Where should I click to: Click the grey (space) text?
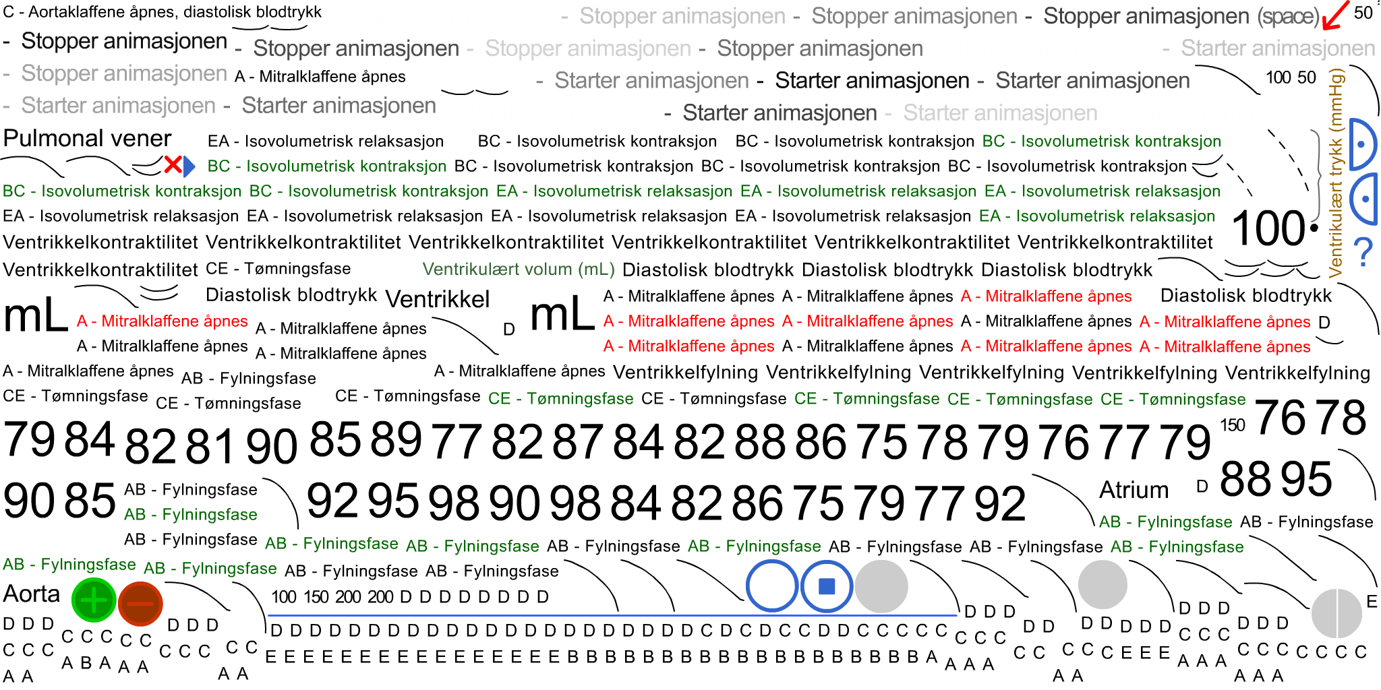click(1287, 17)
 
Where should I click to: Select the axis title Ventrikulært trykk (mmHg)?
click(1336, 172)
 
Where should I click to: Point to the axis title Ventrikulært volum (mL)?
click(518, 270)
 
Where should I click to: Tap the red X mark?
click(173, 165)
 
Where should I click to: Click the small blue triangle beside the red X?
click(189, 166)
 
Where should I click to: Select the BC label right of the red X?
click(326, 166)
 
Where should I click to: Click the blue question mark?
click(1363, 252)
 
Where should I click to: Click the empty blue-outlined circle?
click(772, 586)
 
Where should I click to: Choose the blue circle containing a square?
click(827, 586)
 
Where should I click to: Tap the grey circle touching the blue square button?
click(881, 586)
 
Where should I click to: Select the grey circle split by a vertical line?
click(1336, 613)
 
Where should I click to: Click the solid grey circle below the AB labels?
click(1103, 585)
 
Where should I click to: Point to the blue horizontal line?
click(612, 615)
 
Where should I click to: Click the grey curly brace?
click(1316, 176)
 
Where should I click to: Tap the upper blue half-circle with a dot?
click(1363, 144)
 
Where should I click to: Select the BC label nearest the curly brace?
click(1101, 142)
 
